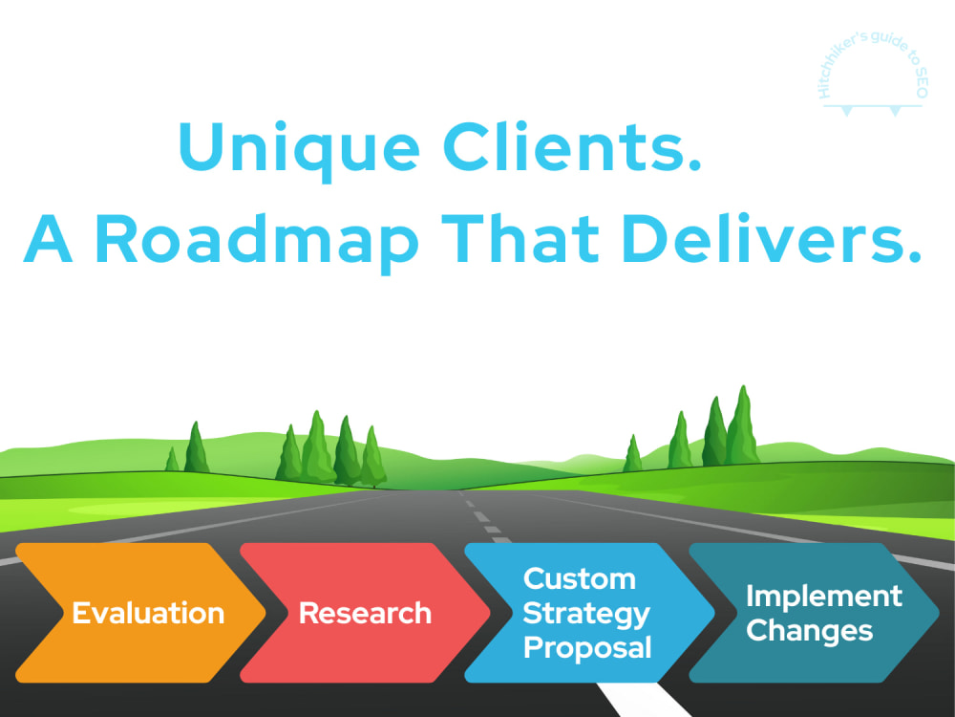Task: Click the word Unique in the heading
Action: click(x=298, y=149)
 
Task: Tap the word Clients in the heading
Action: click(x=572, y=146)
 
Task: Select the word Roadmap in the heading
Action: click(x=256, y=241)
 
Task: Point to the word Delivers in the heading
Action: click(x=772, y=238)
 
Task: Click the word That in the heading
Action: click(x=520, y=238)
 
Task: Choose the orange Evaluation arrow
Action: click(x=140, y=613)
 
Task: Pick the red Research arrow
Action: click(x=366, y=613)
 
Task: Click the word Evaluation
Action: click(x=148, y=613)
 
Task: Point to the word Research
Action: click(x=365, y=613)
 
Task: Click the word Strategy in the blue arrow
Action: click(x=586, y=615)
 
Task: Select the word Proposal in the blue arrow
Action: click(x=587, y=648)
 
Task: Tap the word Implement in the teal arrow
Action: click(x=823, y=597)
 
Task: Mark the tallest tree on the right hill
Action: click(x=742, y=425)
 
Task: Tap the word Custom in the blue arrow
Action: click(x=580, y=578)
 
